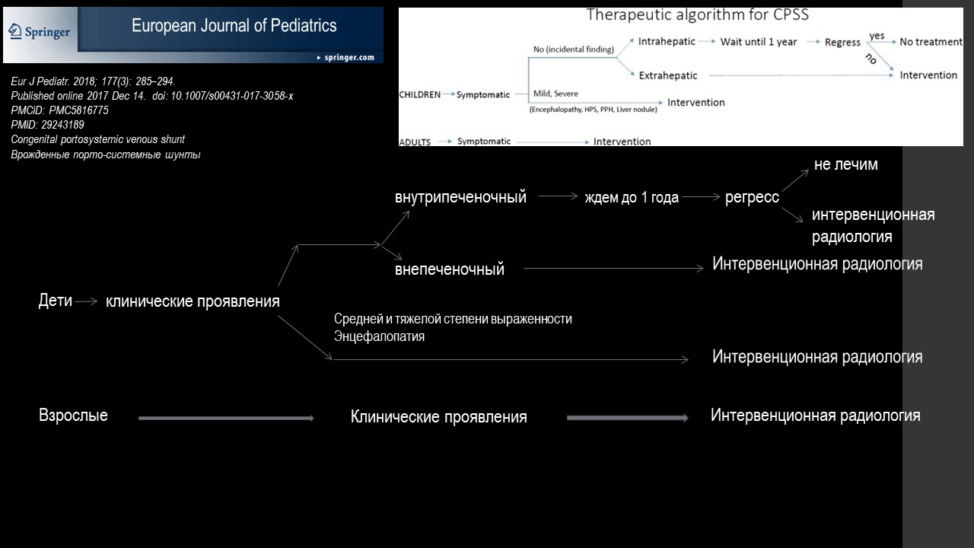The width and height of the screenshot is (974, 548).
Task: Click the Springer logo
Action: tap(39, 32)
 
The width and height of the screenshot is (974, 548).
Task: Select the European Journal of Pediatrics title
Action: tap(234, 26)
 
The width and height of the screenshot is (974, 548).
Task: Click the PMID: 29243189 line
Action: tap(47, 125)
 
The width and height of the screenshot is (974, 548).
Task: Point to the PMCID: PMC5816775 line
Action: tap(59, 110)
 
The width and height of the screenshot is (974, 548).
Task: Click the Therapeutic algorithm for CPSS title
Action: tap(698, 14)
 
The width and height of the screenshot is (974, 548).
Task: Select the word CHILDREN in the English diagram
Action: tap(419, 95)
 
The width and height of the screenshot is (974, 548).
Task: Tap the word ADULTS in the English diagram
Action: tap(415, 142)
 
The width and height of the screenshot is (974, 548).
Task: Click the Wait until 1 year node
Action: tap(759, 42)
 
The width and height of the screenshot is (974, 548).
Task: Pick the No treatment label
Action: tap(931, 42)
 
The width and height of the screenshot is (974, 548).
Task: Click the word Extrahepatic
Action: tap(668, 75)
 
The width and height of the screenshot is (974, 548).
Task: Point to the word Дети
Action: tap(56, 301)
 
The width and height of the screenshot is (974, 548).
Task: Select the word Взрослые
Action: tap(73, 416)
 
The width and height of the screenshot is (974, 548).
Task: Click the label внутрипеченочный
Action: tap(460, 197)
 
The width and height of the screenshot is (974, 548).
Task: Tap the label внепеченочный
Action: tap(450, 269)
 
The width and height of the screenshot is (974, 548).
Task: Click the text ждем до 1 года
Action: tap(632, 197)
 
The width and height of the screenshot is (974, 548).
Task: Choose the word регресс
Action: tap(753, 197)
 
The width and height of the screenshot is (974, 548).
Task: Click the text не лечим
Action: tap(845, 164)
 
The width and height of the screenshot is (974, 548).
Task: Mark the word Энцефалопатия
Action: tap(379, 336)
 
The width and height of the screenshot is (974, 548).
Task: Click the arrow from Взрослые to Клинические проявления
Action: tap(226, 419)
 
